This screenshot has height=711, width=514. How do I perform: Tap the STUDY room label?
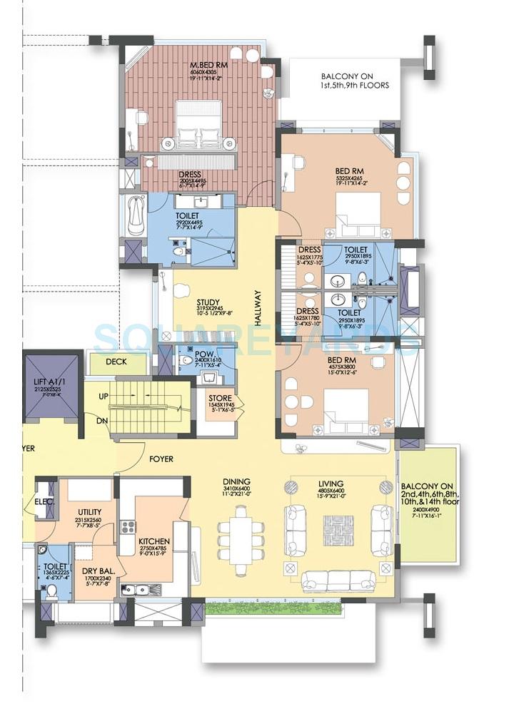(x=208, y=302)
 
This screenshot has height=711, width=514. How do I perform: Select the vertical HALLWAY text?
(x=258, y=307)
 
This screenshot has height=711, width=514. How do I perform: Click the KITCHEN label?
(x=154, y=541)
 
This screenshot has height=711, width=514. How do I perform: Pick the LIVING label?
(x=331, y=483)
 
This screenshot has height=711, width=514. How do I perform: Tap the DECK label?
(x=116, y=362)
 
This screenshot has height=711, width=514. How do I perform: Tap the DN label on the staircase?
(x=103, y=420)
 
